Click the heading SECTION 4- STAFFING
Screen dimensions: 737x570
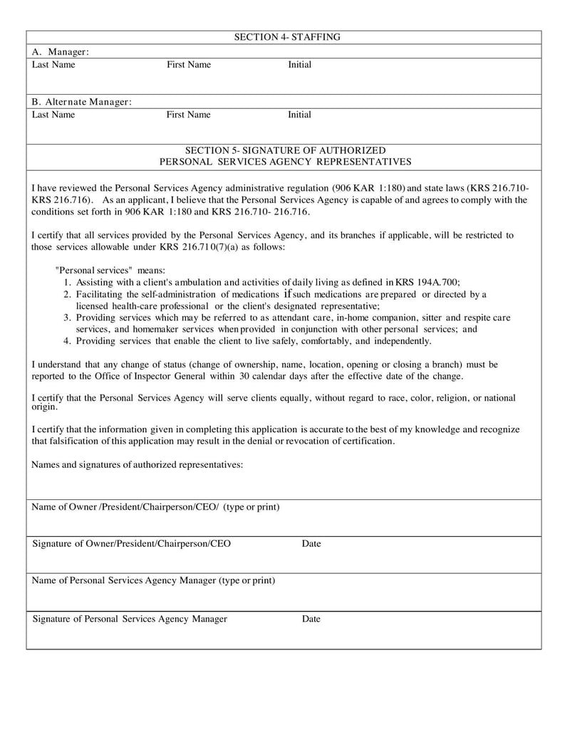(x=287, y=37)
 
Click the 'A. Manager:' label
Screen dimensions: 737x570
(x=61, y=52)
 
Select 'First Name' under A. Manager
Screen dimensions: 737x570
(x=189, y=65)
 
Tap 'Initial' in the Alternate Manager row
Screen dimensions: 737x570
(x=299, y=115)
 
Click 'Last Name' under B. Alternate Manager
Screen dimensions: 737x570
(x=53, y=115)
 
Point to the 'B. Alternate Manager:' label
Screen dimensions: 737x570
(x=82, y=102)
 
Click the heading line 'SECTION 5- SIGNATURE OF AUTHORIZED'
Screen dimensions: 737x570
(x=285, y=150)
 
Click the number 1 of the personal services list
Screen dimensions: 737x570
(x=66, y=283)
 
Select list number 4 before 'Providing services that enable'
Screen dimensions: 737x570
(x=66, y=341)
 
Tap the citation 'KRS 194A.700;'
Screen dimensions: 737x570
(x=437, y=283)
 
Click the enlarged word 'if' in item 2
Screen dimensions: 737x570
(x=288, y=293)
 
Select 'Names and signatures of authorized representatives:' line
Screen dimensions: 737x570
(x=138, y=465)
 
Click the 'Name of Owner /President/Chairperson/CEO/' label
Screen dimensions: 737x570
(x=125, y=507)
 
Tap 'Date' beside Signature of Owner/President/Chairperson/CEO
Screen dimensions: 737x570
(x=311, y=544)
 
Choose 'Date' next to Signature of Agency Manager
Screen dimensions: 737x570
(x=311, y=619)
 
